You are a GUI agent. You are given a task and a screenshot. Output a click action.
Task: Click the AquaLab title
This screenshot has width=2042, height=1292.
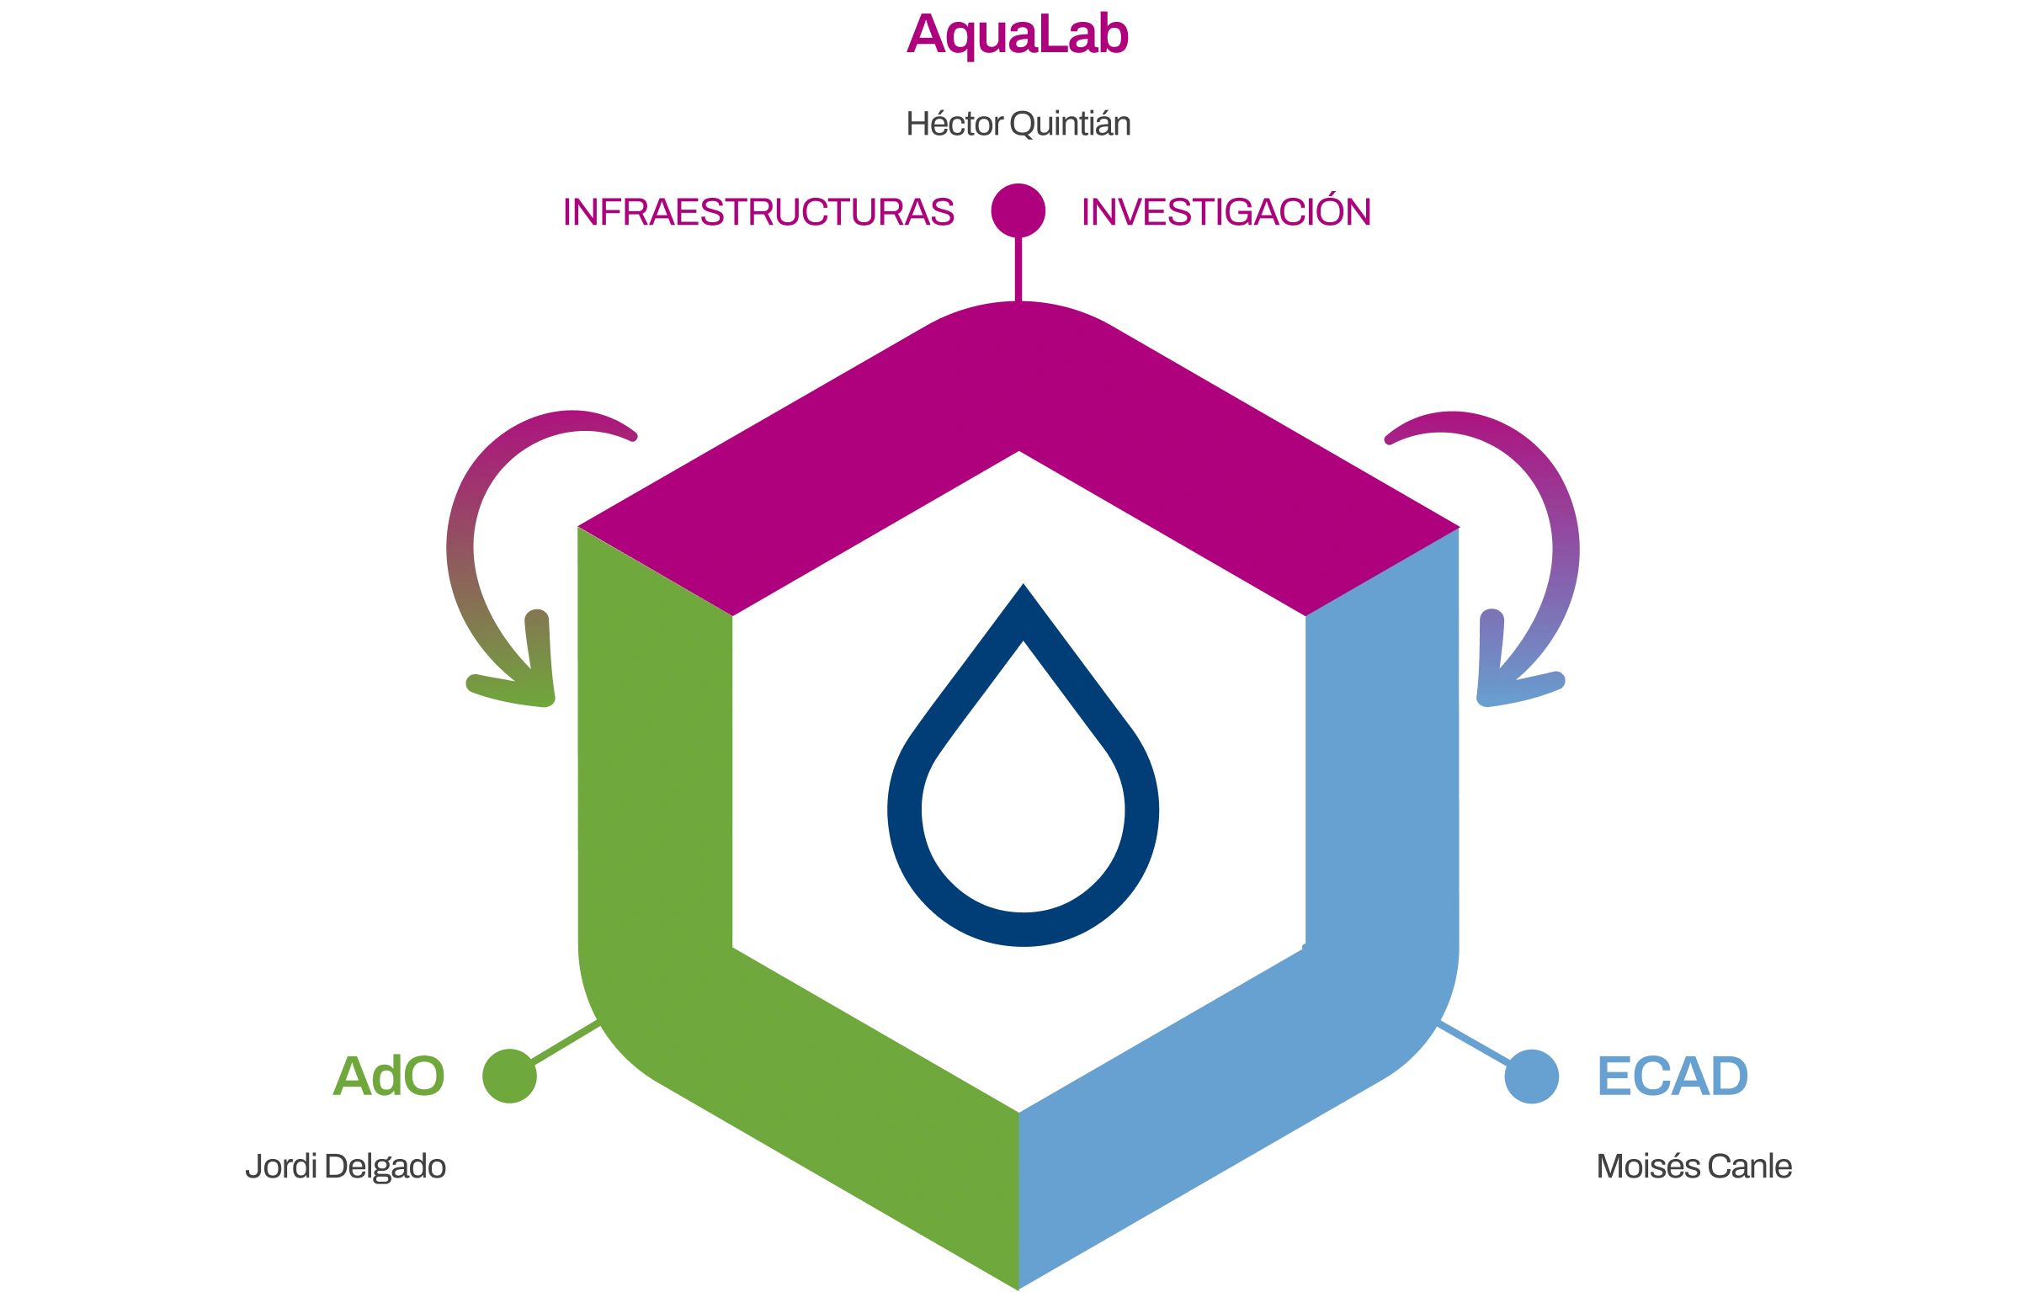click(x=1017, y=35)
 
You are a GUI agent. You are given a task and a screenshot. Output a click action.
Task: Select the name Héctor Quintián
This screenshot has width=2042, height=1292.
click(x=1018, y=124)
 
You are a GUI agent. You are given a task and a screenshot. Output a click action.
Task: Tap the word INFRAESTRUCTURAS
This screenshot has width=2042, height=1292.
click(x=758, y=212)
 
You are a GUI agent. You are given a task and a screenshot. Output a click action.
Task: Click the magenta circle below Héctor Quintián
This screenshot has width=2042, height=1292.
click(x=1018, y=210)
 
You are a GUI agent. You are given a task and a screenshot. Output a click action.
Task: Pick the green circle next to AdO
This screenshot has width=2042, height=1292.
click(x=508, y=1076)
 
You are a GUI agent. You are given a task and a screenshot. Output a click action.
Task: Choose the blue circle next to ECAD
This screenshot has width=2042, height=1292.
click(x=1532, y=1077)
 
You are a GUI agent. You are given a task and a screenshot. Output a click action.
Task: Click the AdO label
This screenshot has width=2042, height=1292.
click(x=388, y=1077)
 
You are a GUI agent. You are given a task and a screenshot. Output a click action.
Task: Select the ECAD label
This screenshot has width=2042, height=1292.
click(x=1672, y=1077)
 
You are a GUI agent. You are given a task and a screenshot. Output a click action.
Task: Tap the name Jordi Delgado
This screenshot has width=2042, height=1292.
click(x=345, y=1167)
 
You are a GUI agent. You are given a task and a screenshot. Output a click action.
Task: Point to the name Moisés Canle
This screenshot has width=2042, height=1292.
click(x=1694, y=1167)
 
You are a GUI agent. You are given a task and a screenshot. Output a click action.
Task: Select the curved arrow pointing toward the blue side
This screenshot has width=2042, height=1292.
click(x=1566, y=543)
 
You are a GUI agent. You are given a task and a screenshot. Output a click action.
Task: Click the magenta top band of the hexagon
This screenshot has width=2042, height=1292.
click(x=1018, y=381)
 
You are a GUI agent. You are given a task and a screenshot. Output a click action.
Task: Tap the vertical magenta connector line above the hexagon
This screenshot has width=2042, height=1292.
click(x=1018, y=269)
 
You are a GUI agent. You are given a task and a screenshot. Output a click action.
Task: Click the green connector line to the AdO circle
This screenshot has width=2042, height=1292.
click(x=565, y=1043)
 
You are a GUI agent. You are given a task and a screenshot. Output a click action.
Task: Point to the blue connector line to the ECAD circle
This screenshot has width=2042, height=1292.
click(x=1474, y=1044)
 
